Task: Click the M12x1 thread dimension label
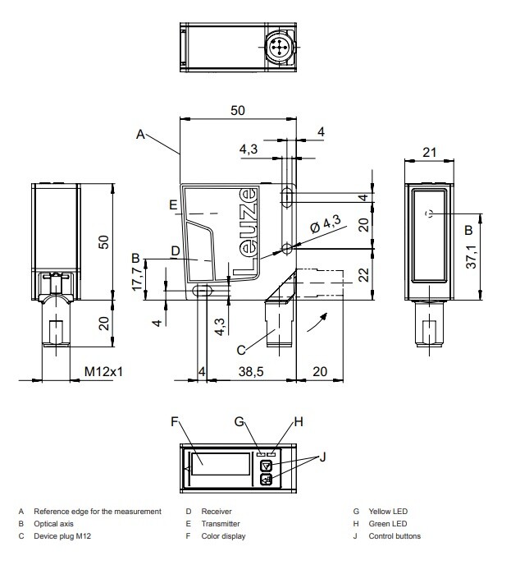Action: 103,371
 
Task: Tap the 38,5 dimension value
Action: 251,371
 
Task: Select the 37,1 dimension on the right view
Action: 471,257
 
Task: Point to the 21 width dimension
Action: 429,152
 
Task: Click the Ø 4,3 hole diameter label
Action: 326,224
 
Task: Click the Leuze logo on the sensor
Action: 246,232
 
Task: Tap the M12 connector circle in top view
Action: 278,47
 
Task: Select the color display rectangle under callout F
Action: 221,464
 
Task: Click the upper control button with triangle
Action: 266,466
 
